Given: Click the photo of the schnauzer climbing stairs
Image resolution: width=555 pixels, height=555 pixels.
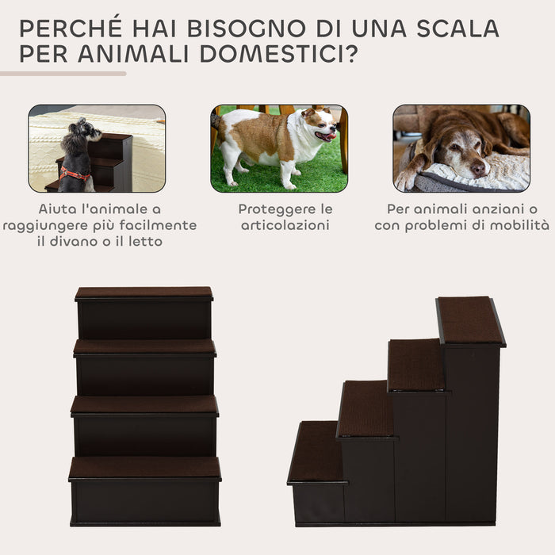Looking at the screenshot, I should click(97, 148).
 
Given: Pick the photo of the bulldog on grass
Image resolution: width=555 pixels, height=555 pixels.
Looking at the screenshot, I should click(279, 148).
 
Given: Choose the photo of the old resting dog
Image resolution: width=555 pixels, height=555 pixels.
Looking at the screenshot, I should click(461, 148).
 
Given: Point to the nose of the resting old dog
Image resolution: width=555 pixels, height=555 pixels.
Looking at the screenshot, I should click(479, 169).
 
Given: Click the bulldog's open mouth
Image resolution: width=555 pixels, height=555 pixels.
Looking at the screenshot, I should click(326, 136).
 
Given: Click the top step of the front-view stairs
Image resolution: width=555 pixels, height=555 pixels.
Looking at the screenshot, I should click(144, 293).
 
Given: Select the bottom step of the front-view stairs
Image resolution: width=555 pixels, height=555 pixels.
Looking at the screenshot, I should click(144, 468).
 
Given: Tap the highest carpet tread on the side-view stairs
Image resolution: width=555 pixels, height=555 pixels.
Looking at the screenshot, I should click(469, 320).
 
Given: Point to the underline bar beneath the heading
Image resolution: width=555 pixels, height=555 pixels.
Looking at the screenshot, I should click(63, 74).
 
